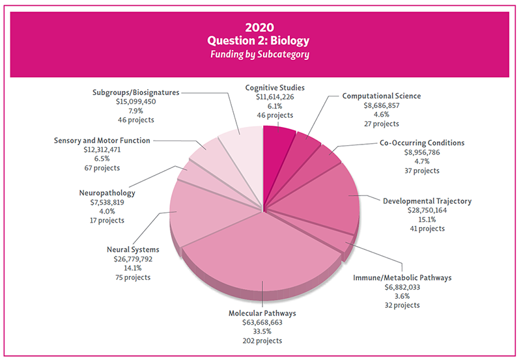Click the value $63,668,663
point(262,322)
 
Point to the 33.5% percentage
point(262,331)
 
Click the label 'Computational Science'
point(382,96)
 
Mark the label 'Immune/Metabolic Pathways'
point(402,278)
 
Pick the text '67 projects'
point(102,168)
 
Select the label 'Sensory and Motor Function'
point(102,140)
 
